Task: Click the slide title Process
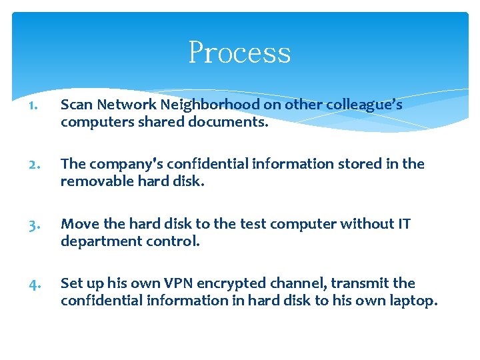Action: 239,53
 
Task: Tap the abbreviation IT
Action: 403,224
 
